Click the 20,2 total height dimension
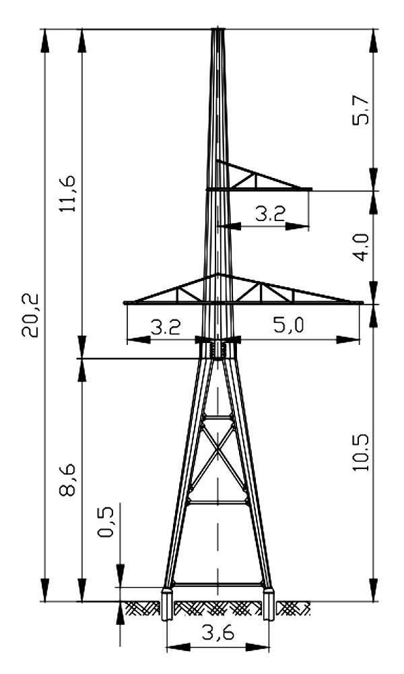31,315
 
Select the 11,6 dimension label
68,193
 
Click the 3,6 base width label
217,633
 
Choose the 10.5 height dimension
361,452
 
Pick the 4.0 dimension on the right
361,247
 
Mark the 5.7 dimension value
361,110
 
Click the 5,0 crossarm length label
288,325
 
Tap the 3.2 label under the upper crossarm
270,213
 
